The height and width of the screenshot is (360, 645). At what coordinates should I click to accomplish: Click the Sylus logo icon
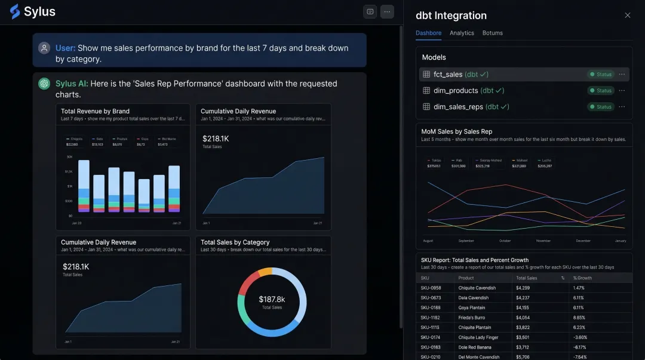(15, 11)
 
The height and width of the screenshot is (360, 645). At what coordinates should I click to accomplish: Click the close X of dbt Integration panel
(627, 16)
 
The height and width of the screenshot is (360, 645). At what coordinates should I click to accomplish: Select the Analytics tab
(462, 33)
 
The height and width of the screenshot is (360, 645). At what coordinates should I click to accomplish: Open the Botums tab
(493, 33)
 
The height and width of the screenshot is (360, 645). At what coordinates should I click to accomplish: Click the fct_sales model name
(448, 75)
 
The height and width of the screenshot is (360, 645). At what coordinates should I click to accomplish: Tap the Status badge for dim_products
(601, 91)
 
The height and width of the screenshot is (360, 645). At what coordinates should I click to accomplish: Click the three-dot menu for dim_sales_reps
(622, 107)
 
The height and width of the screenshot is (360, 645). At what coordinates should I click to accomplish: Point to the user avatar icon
(44, 48)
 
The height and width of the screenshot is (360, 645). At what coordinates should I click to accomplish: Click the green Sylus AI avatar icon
(44, 84)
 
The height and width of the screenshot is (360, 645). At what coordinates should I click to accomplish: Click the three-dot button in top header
(387, 12)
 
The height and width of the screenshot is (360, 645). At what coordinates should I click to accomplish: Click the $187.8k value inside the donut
(272, 299)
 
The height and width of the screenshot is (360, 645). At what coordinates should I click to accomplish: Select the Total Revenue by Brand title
(95, 111)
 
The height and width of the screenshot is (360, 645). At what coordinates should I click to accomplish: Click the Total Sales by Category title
(235, 242)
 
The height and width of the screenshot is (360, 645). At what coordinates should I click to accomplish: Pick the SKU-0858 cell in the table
(431, 288)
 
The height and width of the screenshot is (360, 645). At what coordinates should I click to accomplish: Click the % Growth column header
(582, 278)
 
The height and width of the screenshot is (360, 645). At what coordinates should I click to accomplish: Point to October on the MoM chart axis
(505, 241)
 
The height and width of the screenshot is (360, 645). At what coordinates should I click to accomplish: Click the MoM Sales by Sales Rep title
(456, 131)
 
